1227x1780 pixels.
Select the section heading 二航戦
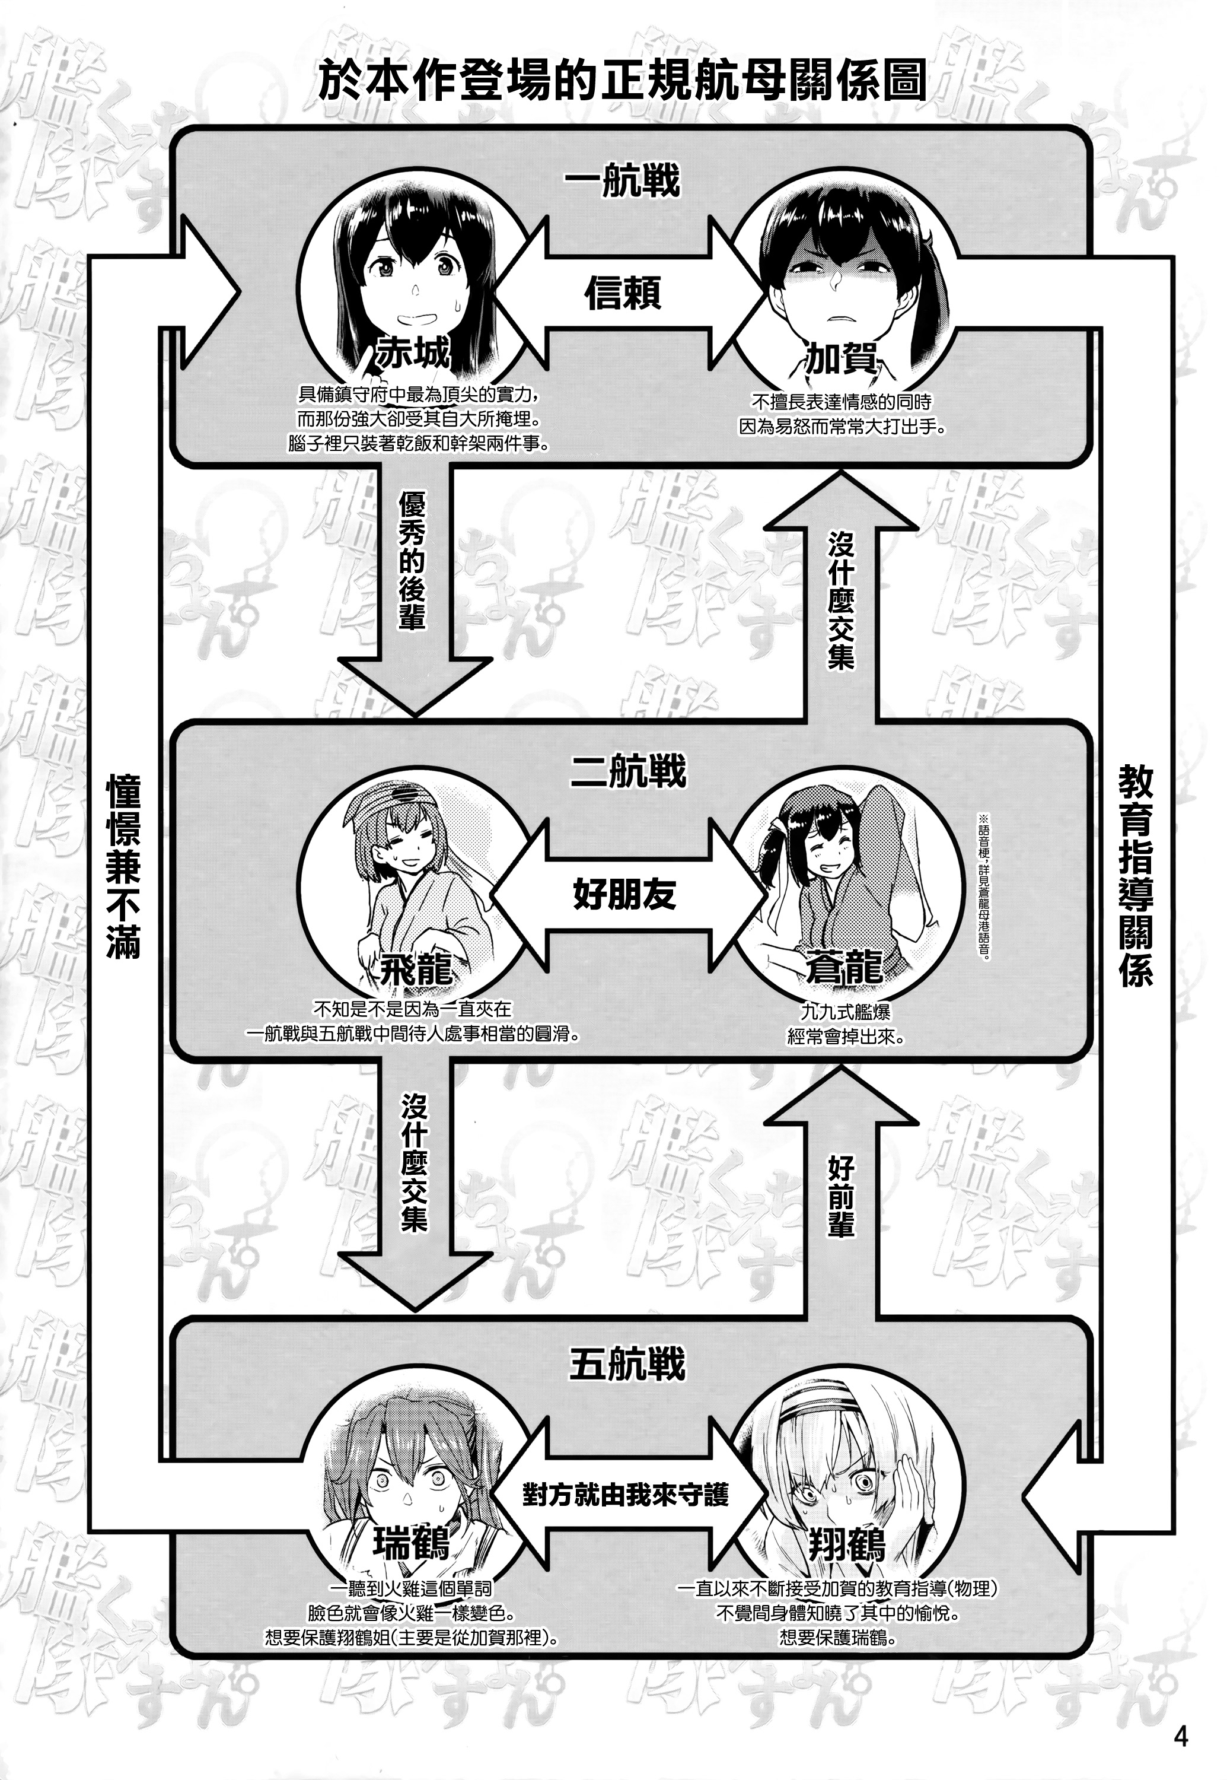[627, 771]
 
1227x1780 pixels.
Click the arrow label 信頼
[623, 293]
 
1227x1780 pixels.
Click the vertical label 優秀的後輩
[412, 561]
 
